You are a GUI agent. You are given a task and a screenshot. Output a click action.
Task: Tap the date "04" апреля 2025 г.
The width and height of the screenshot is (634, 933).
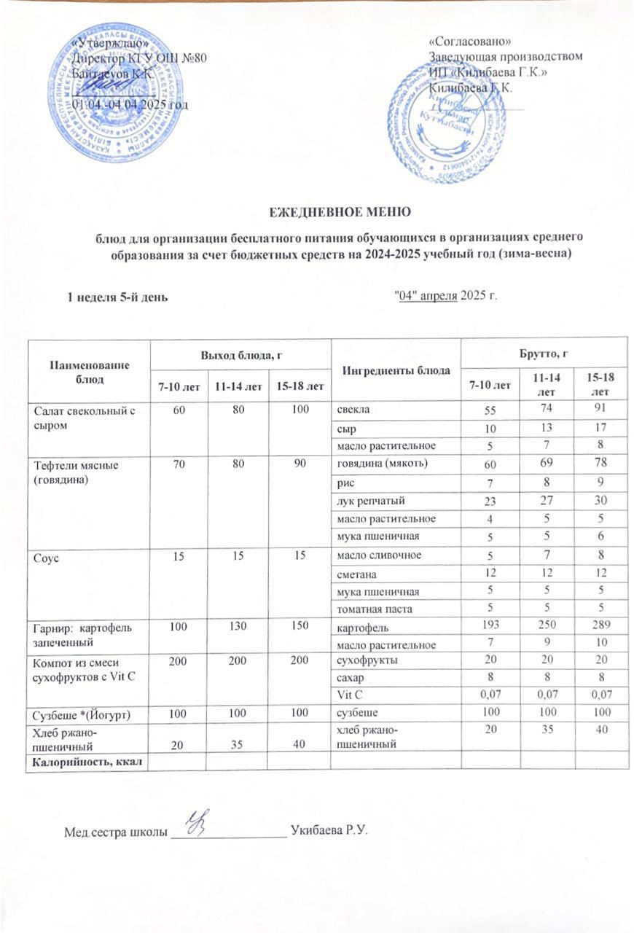(x=445, y=296)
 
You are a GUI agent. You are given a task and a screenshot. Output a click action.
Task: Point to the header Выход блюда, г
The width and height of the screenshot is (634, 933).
(x=240, y=354)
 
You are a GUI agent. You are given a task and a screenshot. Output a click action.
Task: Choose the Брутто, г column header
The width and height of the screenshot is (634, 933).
(x=544, y=354)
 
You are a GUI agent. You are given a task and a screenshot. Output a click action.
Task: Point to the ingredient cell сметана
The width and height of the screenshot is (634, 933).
(x=356, y=572)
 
